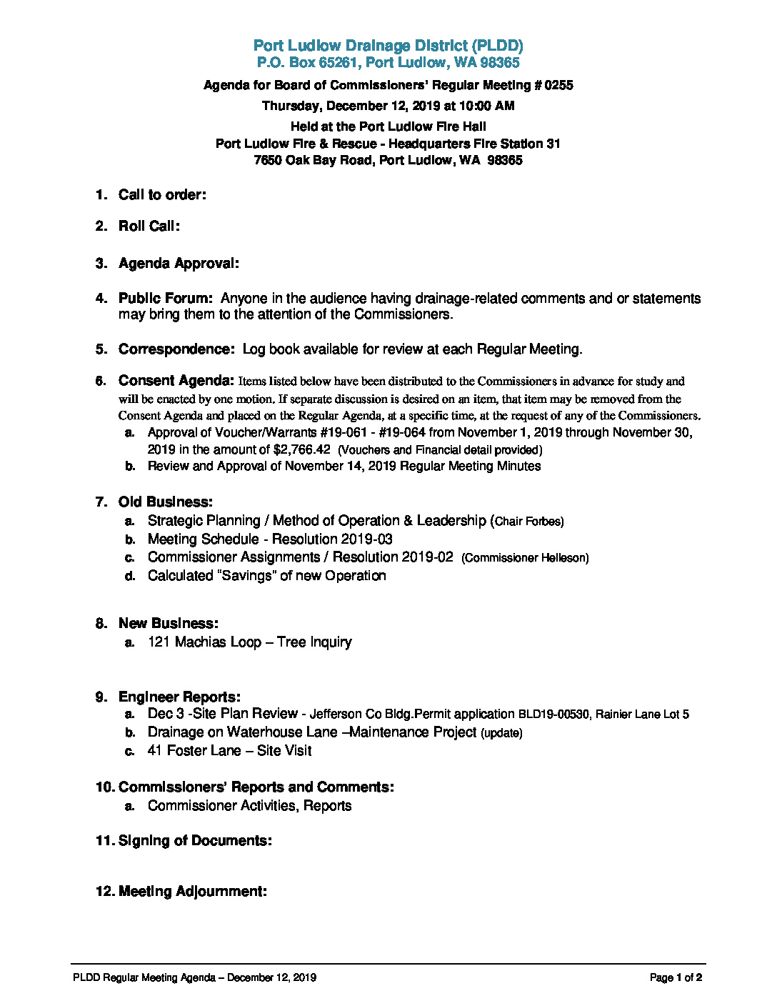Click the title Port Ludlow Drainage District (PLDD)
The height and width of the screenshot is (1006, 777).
pos(388,46)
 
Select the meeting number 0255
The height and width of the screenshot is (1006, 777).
pos(558,85)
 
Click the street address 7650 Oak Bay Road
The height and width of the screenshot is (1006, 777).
pos(313,160)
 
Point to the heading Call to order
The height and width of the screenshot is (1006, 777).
pos(162,195)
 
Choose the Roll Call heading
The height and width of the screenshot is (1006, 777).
pos(149,226)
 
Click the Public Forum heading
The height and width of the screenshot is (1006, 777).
pos(165,299)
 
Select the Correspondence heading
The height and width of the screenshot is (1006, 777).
pos(176,349)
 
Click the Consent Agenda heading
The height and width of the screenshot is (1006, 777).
pos(176,381)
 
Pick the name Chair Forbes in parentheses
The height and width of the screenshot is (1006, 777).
pos(528,522)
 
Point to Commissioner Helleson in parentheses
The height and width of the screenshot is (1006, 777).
pos(525,558)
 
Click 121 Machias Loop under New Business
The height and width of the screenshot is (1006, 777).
pos(204,642)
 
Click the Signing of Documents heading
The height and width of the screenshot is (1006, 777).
pos(194,841)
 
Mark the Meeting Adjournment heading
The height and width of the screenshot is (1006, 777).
pos(192,892)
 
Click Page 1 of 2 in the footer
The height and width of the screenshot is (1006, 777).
pos(676,977)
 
